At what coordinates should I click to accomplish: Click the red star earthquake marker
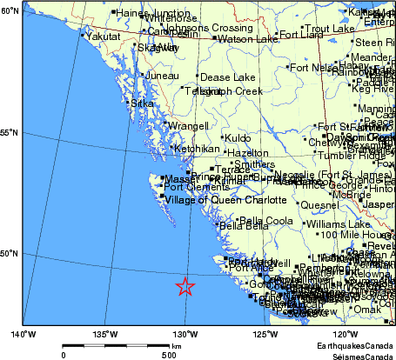click(185, 287)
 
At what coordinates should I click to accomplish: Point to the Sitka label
click(142, 103)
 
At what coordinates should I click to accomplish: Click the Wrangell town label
click(188, 126)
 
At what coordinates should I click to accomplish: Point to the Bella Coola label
click(265, 221)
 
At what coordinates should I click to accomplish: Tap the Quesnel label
click(319, 205)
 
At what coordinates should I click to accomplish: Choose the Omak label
click(366, 309)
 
